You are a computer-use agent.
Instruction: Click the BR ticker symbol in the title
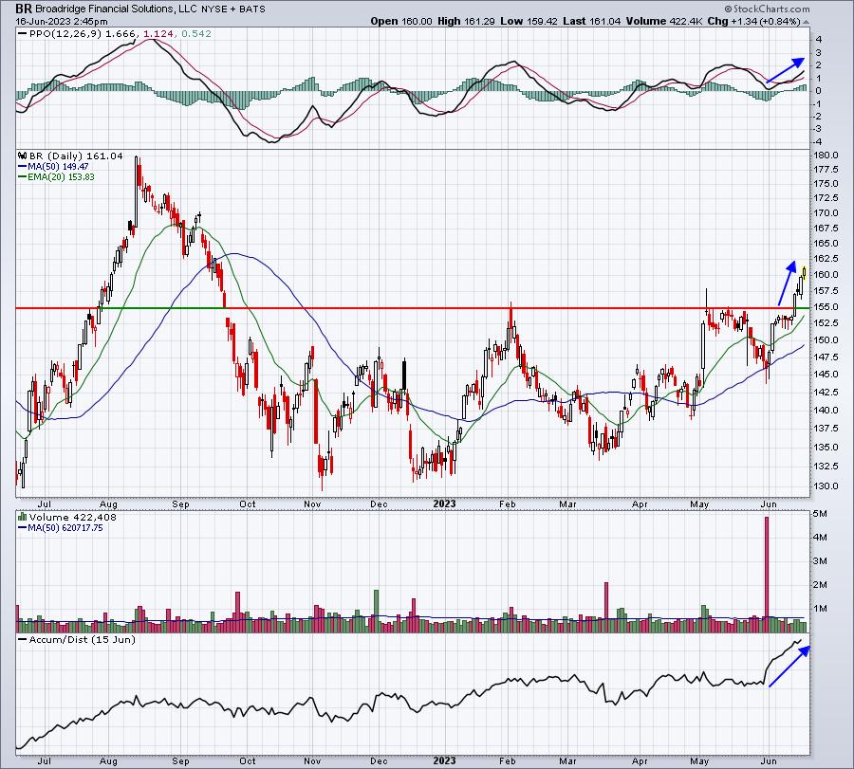pyautogui.click(x=24, y=9)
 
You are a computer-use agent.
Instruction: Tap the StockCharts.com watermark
pyautogui.click(x=768, y=9)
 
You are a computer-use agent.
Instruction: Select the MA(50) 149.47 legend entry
pyautogui.click(x=53, y=167)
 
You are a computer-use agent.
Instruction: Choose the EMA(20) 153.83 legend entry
pyautogui.click(x=57, y=177)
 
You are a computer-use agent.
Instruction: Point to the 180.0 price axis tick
pyautogui.click(x=826, y=156)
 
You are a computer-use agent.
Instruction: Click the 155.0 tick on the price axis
pyautogui.click(x=826, y=307)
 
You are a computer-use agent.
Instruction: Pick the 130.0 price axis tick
pyautogui.click(x=826, y=486)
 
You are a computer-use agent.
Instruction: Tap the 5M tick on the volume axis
pyautogui.click(x=820, y=514)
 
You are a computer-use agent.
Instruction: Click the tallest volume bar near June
pyautogui.click(x=767, y=575)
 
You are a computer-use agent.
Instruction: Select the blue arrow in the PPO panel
pyautogui.click(x=785, y=70)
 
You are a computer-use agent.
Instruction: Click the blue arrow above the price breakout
pyautogui.click(x=787, y=284)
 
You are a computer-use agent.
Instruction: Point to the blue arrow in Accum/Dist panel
pyautogui.click(x=789, y=667)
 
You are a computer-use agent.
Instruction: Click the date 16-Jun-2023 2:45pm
pyautogui.click(x=62, y=21)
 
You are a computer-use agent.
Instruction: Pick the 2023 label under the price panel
pyautogui.click(x=444, y=504)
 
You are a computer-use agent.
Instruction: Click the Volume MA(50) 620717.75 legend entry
pyautogui.click(x=61, y=528)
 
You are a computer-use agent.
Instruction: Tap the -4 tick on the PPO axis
pyautogui.click(x=818, y=141)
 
